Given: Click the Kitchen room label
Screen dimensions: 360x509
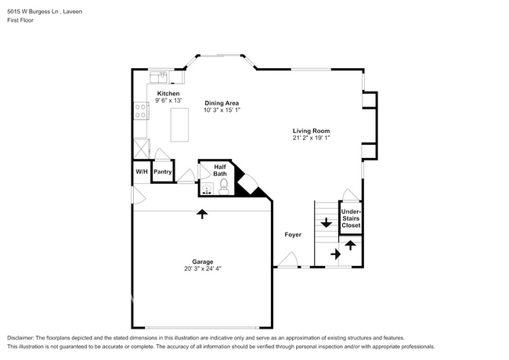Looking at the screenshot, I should click(168, 93).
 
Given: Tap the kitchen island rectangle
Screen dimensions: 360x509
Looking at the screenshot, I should click(179, 124).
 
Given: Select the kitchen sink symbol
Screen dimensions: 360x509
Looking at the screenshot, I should click(161, 77).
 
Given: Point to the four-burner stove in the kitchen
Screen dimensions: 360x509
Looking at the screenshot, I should click(142, 110).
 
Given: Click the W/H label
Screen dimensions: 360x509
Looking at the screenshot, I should click(142, 171).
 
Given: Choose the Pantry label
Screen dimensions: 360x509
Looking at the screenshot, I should click(162, 171).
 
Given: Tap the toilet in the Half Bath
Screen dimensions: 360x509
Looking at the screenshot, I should click(223, 186).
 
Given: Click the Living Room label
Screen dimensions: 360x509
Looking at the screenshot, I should click(311, 131).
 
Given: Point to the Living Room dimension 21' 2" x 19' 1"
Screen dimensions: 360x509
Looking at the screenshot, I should click(311, 139).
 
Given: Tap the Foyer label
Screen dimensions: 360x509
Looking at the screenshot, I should click(293, 234).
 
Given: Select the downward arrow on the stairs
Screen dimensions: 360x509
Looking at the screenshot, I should click(326, 224).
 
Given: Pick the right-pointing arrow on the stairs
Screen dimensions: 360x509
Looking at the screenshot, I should click(335, 254).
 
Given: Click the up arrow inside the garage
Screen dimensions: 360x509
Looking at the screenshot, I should click(203, 214).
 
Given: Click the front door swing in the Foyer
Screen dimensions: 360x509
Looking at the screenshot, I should click(290, 259).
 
